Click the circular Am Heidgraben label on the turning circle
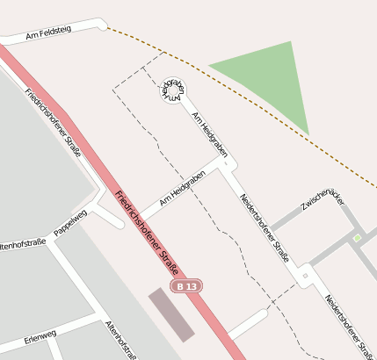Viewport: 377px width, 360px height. pos(173,91)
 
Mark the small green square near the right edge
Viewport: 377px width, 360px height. pos(358,238)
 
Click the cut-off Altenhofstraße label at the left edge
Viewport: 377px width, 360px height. pos(22,242)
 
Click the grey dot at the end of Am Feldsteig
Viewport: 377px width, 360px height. pos(102,27)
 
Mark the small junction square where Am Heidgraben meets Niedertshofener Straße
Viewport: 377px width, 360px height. pos(226,163)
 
